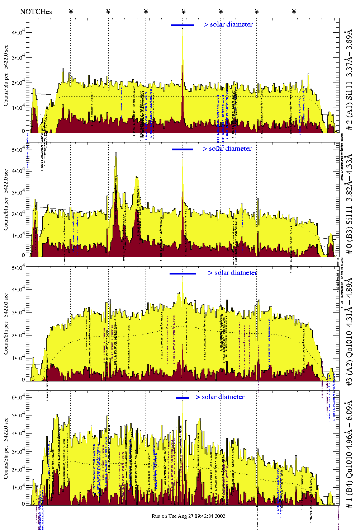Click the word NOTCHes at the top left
[x=36, y=11]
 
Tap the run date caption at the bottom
[x=188, y=516]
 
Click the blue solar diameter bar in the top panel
[x=183, y=25]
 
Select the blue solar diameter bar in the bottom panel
[x=183, y=398]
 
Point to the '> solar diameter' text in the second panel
[x=227, y=149]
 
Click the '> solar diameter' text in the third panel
[x=232, y=273]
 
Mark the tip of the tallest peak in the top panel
[x=183, y=28]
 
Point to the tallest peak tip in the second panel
[x=116, y=153]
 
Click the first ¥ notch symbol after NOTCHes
[x=71, y=11]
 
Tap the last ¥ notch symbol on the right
[x=294, y=11]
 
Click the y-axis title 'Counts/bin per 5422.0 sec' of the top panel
[x=6, y=75]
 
